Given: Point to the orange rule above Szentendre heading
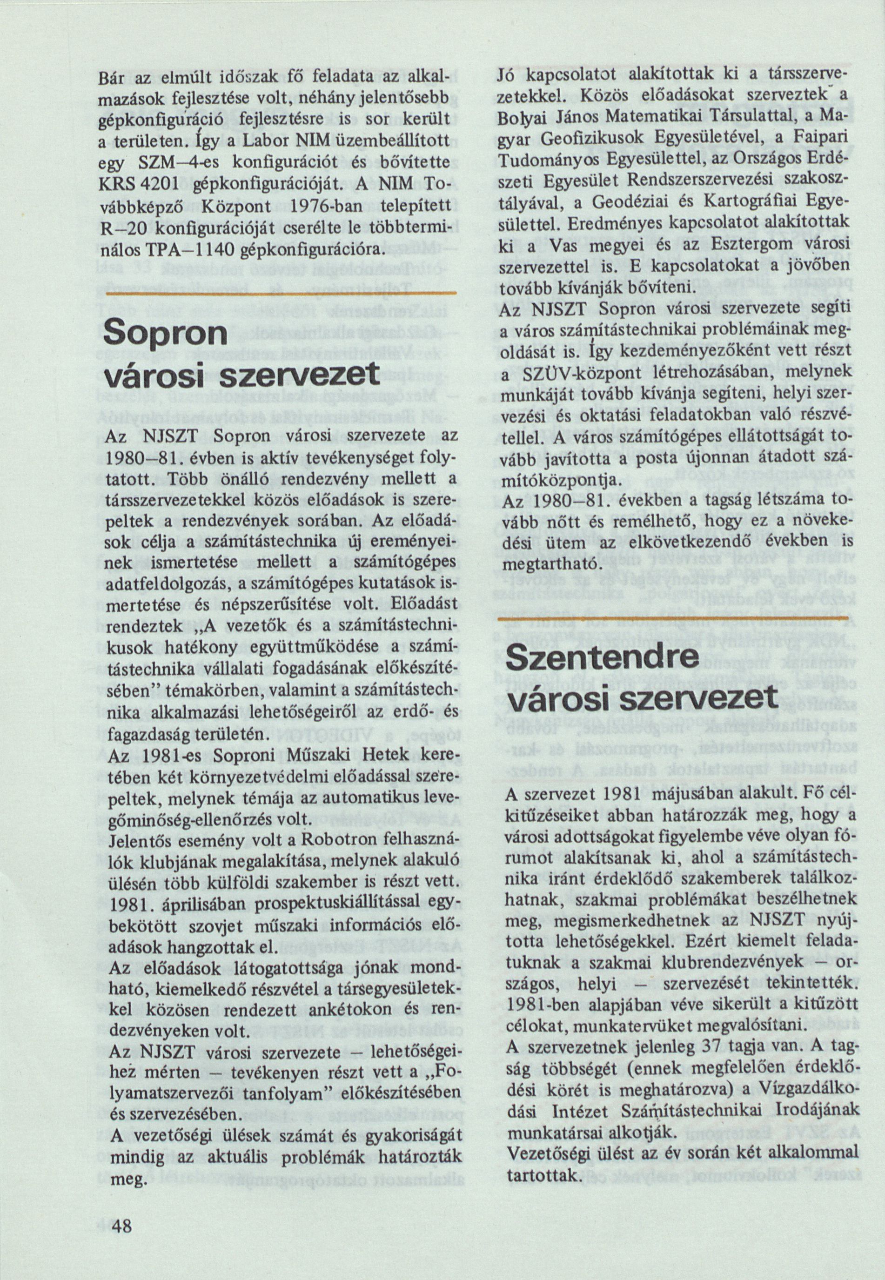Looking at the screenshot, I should (673, 617).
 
